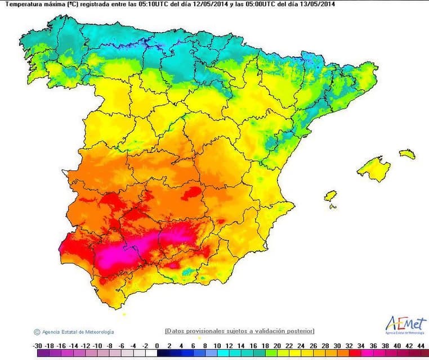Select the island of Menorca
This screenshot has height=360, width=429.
407,153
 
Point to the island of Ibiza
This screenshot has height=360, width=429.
330,196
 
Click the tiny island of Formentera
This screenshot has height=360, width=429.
333,206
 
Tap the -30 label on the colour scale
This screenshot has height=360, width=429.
38,345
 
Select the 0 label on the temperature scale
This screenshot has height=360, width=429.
157,345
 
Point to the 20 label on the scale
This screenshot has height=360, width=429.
276,345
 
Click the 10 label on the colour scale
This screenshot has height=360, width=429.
217,345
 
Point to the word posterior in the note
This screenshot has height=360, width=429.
299,331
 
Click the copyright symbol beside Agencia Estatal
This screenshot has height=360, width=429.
37,332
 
